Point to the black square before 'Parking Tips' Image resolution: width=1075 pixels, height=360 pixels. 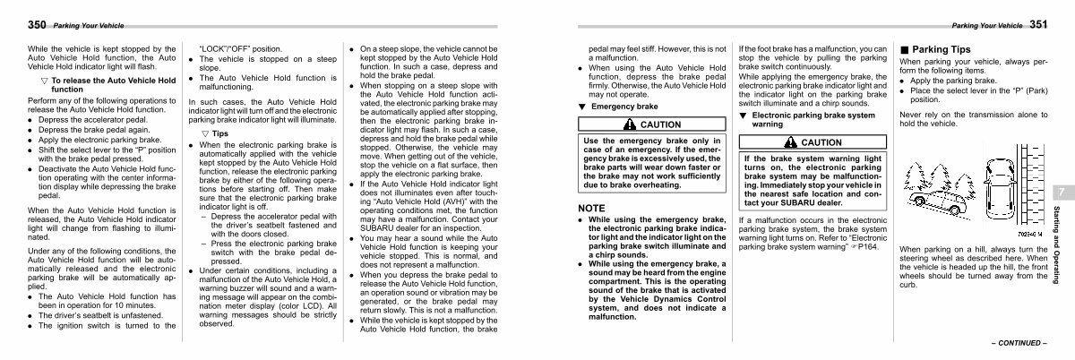tap(905, 49)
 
